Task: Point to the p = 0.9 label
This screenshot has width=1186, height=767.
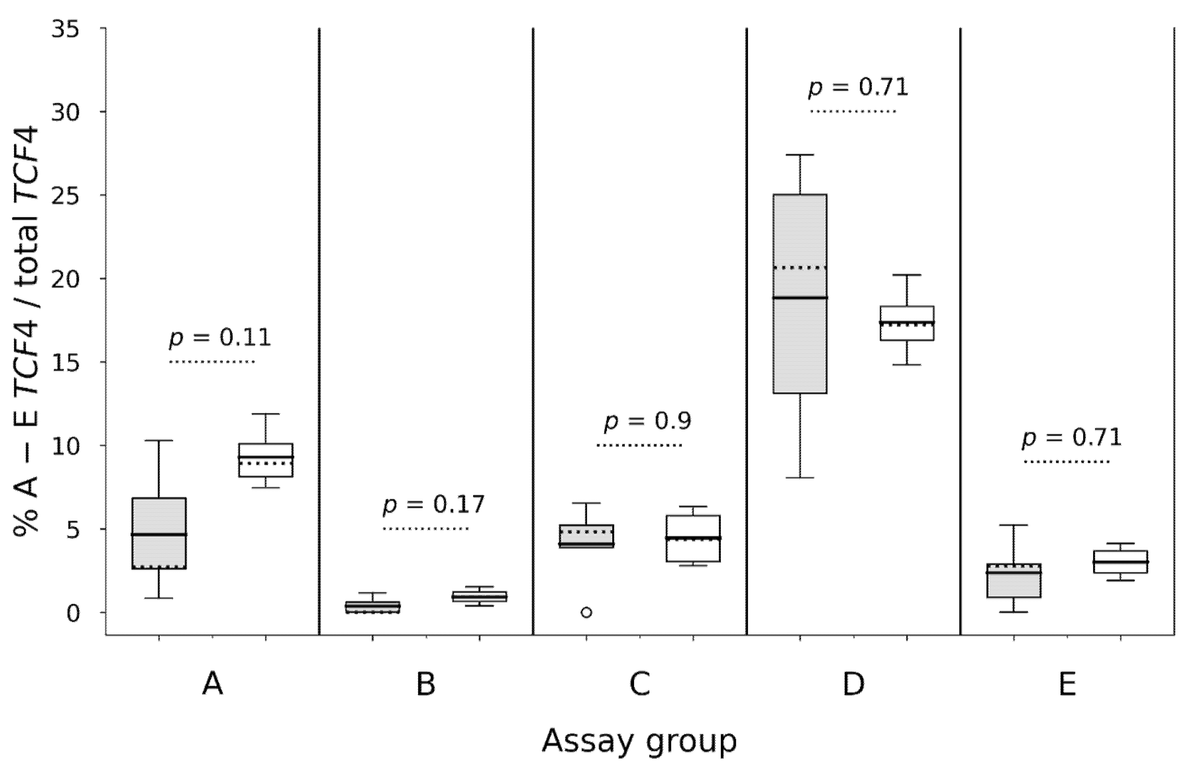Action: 647,421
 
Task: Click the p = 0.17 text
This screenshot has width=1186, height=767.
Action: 433,504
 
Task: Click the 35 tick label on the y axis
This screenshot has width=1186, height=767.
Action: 65,29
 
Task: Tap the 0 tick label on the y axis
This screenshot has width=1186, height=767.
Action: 73,613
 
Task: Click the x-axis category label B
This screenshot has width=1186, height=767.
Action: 426,685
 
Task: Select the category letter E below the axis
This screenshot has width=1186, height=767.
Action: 1067,685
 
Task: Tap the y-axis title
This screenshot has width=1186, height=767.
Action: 26,331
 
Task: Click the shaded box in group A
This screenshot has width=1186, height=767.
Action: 159,533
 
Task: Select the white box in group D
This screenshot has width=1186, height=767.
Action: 906,323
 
